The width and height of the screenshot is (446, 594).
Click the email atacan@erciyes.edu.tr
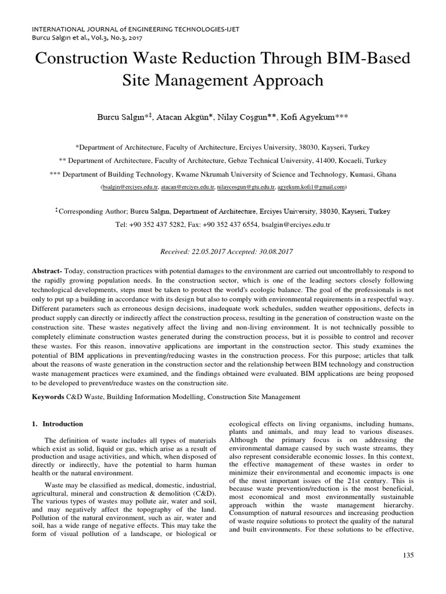[x=188, y=187]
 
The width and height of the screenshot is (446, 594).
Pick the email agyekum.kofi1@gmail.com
[x=311, y=187]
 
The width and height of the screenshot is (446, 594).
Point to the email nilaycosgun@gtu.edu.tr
[x=246, y=187]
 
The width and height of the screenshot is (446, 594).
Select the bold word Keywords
[x=48, y=397]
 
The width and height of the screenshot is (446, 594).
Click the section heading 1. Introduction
[x=56, y=424]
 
